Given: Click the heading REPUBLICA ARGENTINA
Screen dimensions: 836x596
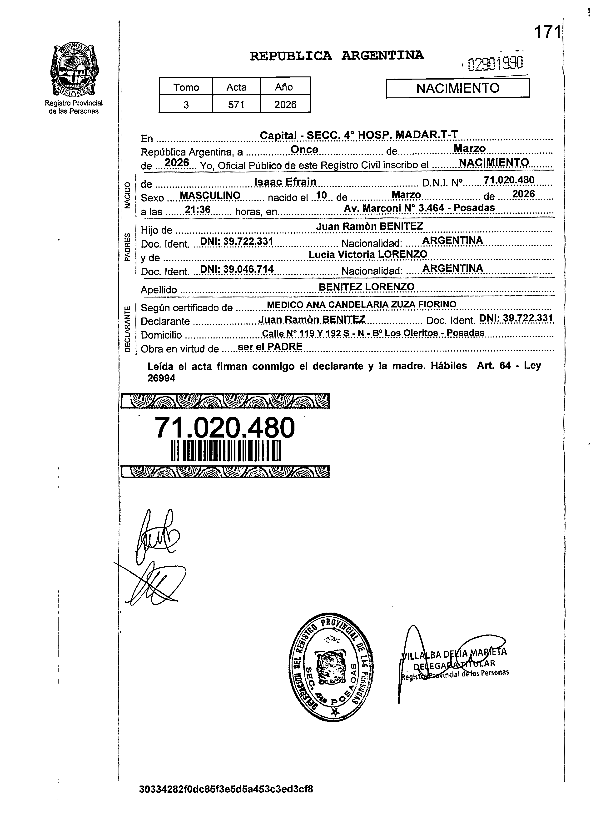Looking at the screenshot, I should [x=337, y=55].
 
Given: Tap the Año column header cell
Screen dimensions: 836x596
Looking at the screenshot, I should [x=284, y=87].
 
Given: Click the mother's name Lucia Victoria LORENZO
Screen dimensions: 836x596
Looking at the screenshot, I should [x=368, y=254].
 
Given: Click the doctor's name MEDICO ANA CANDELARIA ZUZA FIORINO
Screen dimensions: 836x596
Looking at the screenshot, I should [x=362, y=304].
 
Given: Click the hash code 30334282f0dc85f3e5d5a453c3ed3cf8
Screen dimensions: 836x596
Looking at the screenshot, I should [x=226, y=789].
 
